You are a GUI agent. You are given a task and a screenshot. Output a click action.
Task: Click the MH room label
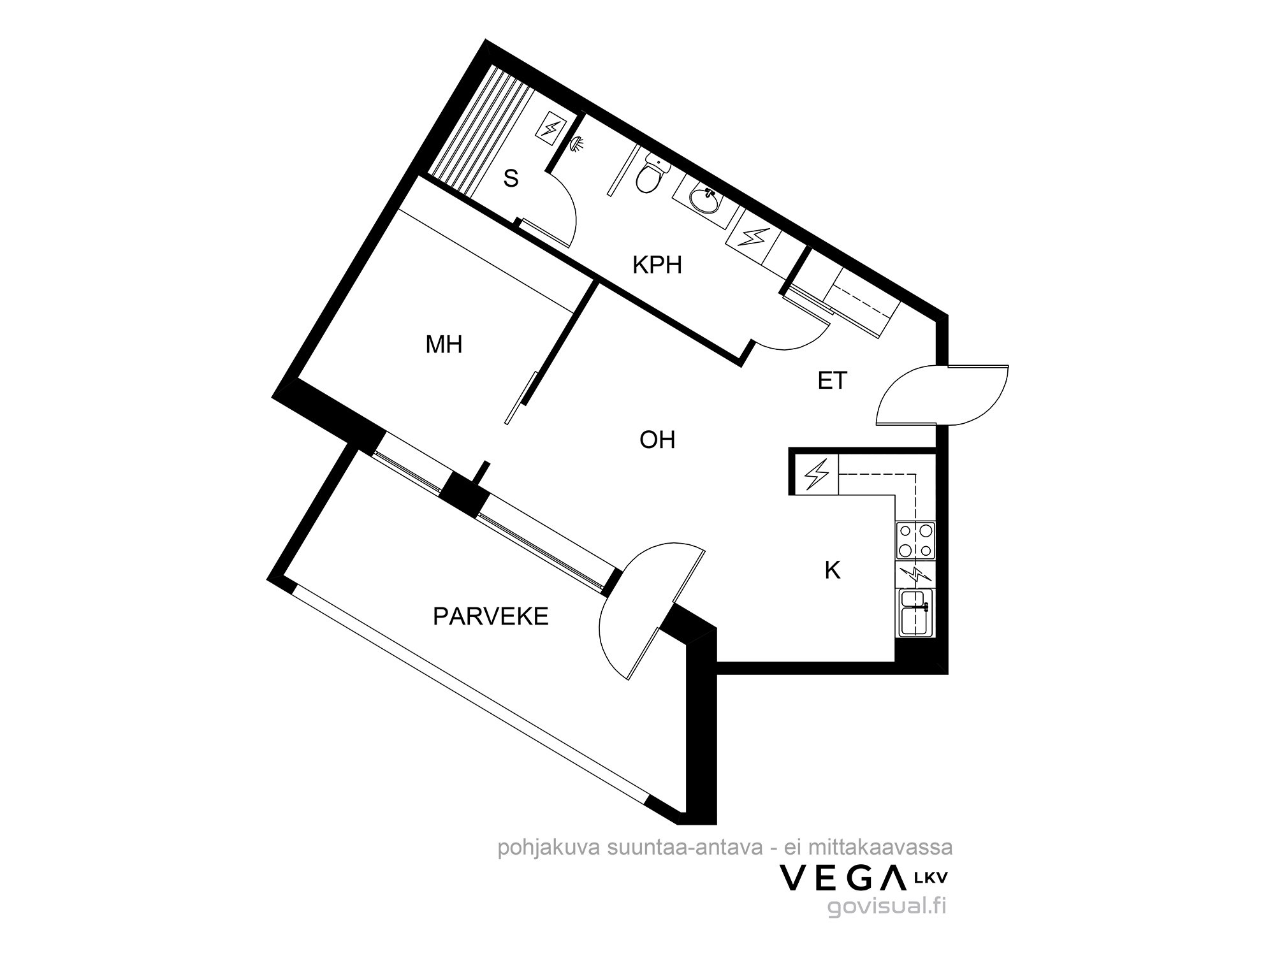click(444, 345)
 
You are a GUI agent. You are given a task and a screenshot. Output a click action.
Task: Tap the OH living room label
click(657, 440)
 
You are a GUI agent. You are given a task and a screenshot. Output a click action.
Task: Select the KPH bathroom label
click(657, 264)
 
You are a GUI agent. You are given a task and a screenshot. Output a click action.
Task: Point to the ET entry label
click(832, 380)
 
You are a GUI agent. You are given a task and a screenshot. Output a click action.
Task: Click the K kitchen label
click(832, 570)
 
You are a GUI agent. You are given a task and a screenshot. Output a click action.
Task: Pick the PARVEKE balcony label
click(491, 616)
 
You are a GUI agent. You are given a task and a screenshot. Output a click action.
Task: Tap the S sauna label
click(511, 179)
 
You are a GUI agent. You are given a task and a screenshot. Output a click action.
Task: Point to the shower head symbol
click(578, 145)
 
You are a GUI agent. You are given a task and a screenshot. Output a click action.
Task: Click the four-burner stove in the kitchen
click(916, 540)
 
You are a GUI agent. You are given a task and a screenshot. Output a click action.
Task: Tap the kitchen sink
click(916, 612)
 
